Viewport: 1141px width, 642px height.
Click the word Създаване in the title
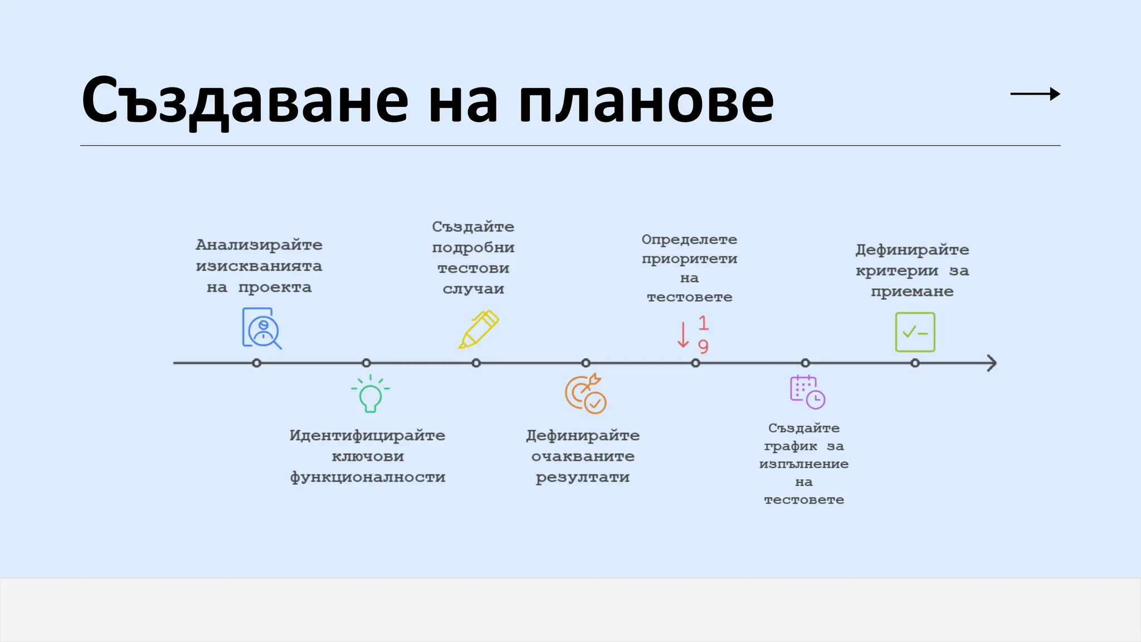(x=245, y=100)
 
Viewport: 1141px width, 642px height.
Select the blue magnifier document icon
(x=261, y=328)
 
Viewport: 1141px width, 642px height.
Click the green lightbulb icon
(x=370, y=394)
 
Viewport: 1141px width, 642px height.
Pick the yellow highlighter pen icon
(x=478, y=329)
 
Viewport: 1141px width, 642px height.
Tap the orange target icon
(x=585, y=393)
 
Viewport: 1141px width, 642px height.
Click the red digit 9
(x=703, y=347)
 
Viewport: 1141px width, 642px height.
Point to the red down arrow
(x=683, y=335)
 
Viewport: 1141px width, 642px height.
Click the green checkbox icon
(x=915, y=332)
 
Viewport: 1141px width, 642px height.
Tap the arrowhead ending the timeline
(x=991, y=363)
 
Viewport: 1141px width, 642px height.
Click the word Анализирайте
(x=259, y=245)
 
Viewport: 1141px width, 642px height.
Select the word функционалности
(x=368, y=478)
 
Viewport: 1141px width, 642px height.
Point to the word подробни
(x=473, y=248)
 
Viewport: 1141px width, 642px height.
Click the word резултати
(x=583, y=478)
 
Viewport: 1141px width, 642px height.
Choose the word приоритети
(x=689, y=259)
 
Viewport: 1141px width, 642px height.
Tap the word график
(x=791, y=446)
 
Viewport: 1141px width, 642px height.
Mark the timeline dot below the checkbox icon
(x=915, y=363)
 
